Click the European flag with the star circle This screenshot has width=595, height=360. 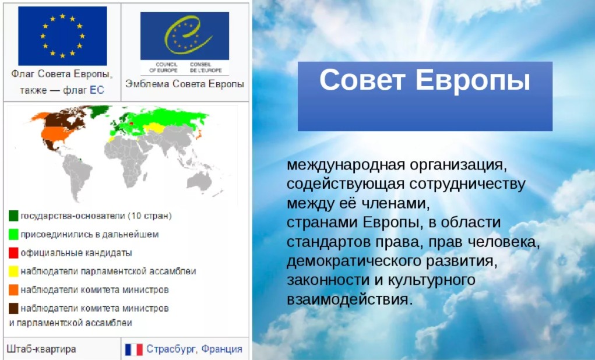62,36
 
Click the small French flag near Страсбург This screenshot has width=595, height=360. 133,349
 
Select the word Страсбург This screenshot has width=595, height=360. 171,349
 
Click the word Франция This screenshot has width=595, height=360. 221,349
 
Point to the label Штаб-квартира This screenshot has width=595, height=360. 41,349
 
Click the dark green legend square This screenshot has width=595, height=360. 13,216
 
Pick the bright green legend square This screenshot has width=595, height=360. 13,234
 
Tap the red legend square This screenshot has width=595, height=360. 13,253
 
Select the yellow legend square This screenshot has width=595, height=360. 13,271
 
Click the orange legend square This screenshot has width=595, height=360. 13,290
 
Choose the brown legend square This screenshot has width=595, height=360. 13,308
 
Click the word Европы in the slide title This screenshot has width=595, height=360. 473,82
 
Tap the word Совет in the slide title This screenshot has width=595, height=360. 362,80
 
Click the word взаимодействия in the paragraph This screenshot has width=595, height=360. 349,299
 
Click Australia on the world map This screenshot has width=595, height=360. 199,181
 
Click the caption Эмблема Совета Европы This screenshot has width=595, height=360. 185,84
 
